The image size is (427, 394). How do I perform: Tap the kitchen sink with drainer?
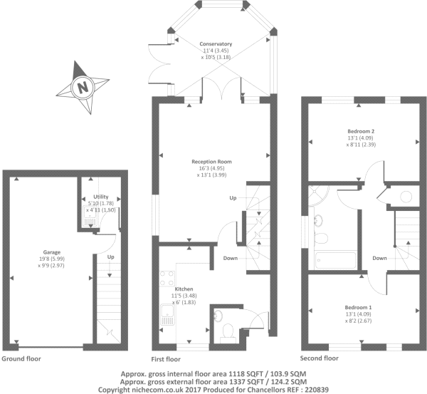(168, 316)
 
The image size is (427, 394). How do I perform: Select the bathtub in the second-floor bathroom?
(334, 261)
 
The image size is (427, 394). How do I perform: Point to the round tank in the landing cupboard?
(407, 197)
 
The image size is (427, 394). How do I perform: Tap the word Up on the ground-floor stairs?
(110, 256)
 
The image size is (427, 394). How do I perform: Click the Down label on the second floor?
(379, 258)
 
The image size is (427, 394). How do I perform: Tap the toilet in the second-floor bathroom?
(321, 238)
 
